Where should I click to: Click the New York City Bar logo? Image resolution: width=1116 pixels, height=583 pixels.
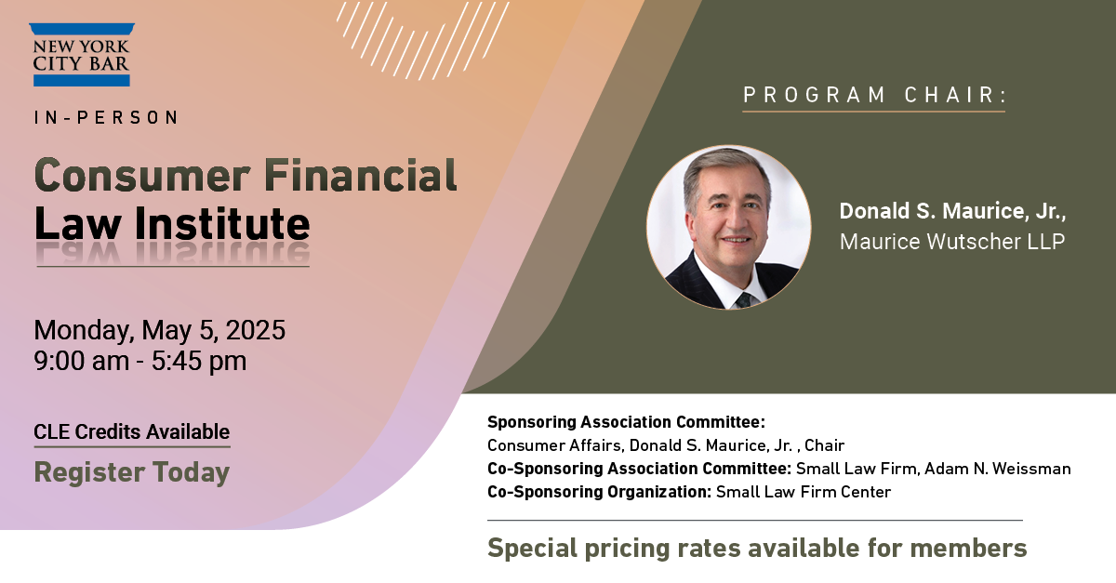point(82,55)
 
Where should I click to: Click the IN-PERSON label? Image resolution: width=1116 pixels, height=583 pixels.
point(106,117)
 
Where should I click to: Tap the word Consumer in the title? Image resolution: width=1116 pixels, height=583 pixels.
point(142,176)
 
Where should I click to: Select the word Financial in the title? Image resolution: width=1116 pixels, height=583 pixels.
point(360,175)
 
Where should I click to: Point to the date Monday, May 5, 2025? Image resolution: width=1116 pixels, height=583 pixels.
point(159,330)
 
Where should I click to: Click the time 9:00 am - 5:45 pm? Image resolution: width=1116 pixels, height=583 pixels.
point(140,360)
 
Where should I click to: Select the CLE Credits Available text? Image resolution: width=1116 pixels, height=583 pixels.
point(131,431)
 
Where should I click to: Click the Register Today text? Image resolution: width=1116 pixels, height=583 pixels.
point(131,471)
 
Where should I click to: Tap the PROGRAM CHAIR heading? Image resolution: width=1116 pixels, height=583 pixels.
point(874,95)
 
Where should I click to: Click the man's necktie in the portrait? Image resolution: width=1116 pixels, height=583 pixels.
point(745,300)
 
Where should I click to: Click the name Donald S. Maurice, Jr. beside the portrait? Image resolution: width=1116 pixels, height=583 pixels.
point(952,211)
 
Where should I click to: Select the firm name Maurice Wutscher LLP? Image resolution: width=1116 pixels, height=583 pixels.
point(952,242)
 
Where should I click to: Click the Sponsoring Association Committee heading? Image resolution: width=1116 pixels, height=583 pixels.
point(626,422)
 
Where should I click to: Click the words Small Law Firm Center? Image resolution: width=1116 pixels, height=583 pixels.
point(804,492)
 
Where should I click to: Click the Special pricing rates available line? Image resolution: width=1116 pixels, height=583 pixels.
point(757,548)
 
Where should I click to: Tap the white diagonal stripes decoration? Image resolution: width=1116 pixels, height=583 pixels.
point(422,39)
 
